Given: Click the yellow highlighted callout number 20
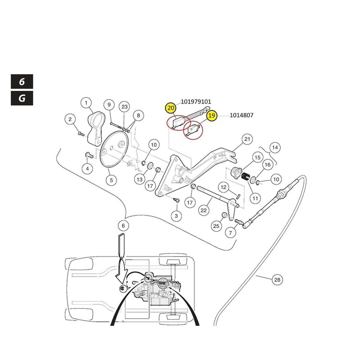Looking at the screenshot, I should pyautogui.click(x=171, y=108).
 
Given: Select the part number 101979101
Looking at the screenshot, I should pyautogui.click(x=196, y=102).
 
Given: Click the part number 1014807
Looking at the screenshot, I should pyautogui.click(x=242, y=116).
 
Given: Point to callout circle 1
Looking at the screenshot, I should pyautogui.click(x=85, y=103).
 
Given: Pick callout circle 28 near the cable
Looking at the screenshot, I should pyautogui.click(x=277, y=280).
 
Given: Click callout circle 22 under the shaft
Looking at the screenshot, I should pyautogui.click(x=204, y=210).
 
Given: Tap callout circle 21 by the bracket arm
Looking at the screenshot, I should pyautogui.click(x=247, y=139).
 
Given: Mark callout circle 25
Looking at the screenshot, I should pyautogui.click(x=216, y=226).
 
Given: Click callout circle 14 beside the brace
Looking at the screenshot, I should pyautogui.click(x=274, y=147).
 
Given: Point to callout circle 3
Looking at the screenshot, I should pyautogui.click(x=176, y=216).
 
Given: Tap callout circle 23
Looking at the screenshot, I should pyautogui.click(x=125, y=107).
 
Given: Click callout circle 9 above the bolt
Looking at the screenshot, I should pyautogui.click(x=108, y=105).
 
